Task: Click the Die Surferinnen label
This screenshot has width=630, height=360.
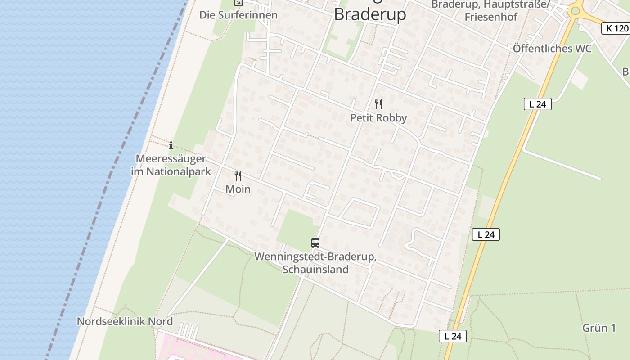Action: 238,15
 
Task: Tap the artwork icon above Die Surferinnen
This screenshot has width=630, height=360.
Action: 238,3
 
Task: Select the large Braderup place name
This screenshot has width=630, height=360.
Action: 370,14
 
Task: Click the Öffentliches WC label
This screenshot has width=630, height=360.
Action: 552,49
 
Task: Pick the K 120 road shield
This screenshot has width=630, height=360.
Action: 615,28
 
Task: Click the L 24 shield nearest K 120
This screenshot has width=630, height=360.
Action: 537,104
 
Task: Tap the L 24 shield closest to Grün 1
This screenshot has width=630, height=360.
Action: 453,336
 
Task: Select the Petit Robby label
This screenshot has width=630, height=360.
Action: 378,118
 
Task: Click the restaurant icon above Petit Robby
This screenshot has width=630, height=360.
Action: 378,104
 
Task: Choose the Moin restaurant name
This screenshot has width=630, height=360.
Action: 238,189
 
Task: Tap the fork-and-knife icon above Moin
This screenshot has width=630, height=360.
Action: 238,175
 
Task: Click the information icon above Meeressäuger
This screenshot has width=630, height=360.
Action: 171,145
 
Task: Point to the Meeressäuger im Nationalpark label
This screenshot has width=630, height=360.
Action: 171,165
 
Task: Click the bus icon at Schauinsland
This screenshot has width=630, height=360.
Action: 315,243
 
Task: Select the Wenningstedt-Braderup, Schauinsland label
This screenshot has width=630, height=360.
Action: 315,263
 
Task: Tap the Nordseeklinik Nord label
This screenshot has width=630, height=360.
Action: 125,321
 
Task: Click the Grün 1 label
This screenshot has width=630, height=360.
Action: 599,328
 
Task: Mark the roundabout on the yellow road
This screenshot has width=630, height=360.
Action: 575,10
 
